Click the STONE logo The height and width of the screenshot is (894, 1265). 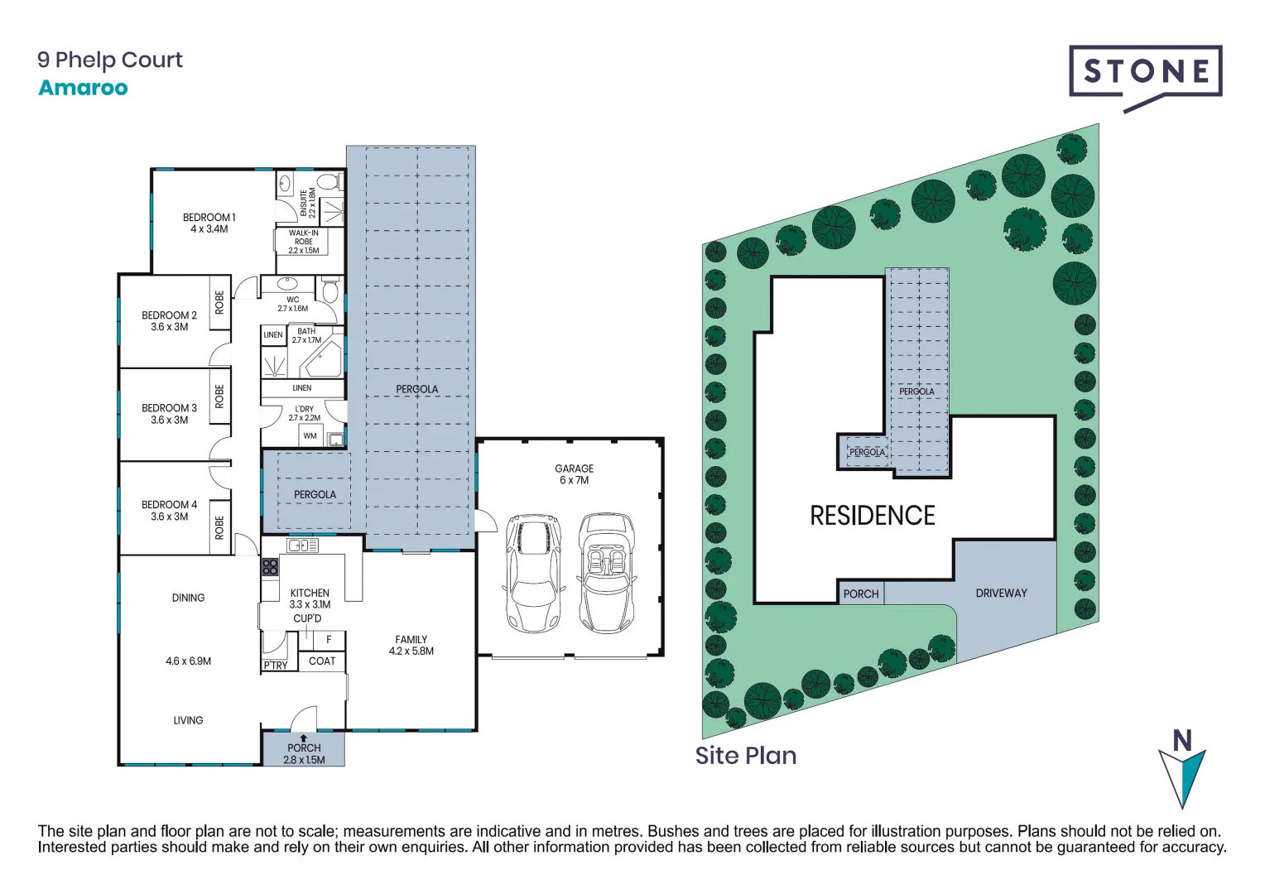click(1145, 73)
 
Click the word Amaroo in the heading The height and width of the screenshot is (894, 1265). click(83, 88)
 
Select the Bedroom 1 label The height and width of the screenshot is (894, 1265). click(209, 223)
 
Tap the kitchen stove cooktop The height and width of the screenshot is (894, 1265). click(270, 567)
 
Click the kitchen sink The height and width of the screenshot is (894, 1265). click(302, 546)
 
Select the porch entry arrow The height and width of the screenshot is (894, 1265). click(304, 738)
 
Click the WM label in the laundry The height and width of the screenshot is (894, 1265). click(310, 435)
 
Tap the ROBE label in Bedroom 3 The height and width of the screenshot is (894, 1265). click(219, 397)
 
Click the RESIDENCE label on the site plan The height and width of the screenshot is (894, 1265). click(872, 516)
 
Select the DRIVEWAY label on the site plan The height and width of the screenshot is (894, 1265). click(1001, 593)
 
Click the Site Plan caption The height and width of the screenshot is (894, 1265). click(745, 755)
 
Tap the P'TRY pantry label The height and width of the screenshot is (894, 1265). click(276, 665)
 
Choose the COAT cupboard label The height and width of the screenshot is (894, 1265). click(322, 661)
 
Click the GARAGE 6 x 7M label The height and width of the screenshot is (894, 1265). click(574, 474)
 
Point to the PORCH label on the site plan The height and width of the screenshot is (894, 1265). click(860, 594)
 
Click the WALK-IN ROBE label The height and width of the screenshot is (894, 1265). click(304, 242)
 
